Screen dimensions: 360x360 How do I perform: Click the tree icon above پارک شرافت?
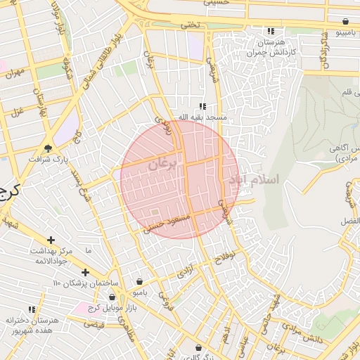pos(48,148)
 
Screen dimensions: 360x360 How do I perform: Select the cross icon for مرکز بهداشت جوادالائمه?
pos(51,240)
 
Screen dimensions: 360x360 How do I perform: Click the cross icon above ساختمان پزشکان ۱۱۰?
pos(85,272)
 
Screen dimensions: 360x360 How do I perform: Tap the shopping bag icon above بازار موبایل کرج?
pos(112,297)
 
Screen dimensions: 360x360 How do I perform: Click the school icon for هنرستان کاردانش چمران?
pos(271,32)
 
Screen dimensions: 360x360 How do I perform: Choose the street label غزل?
pos(16,110)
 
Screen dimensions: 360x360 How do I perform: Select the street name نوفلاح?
pos(222,258)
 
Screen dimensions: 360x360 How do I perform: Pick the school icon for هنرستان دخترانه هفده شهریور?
pos(31,309)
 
